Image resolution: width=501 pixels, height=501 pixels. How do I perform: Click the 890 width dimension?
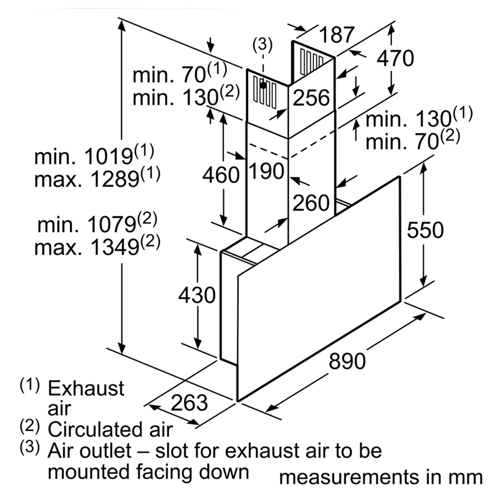[347, 361]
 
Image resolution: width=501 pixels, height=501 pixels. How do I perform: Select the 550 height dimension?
[425, 230]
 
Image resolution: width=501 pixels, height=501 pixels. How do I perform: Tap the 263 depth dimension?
[189, 402]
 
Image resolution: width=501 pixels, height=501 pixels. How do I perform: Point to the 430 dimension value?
[197, 295]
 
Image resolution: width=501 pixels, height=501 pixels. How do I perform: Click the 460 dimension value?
[221, 175]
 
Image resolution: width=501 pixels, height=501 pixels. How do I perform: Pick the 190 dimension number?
[266, 171]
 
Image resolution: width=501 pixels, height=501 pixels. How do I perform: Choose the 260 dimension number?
[311, 203]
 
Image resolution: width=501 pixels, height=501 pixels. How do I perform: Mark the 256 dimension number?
[311, 97]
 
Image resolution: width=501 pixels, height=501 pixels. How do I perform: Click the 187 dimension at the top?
[337, 35]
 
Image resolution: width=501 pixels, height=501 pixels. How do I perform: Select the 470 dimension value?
[395, 58]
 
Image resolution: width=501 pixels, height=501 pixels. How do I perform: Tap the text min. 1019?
[83, 157]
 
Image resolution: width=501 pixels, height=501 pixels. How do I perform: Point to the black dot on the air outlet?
[263, 85]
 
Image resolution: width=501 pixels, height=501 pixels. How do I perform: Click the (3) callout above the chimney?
[262, 44]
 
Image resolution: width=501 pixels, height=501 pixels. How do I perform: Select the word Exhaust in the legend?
[86, 388]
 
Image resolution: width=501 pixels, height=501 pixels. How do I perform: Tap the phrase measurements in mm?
[381, 477]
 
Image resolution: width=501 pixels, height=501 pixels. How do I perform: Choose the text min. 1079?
[87, 225]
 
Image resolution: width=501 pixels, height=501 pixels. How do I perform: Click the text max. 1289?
[87, 179]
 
